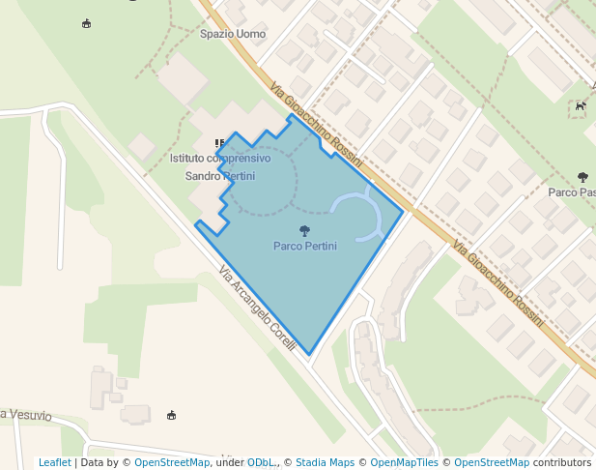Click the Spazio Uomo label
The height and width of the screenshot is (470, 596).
[x=232, y=34]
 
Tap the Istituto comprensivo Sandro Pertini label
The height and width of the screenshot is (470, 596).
[x=220, y=166]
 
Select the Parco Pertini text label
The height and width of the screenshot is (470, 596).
[x=305, y=246]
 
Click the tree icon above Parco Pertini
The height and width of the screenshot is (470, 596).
[x=305, y=231]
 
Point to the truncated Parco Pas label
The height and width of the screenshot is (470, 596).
[x=571, y=191]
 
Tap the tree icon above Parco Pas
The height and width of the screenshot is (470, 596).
[x=582, y=177]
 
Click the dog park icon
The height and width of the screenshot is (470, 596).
[x=580, y=106]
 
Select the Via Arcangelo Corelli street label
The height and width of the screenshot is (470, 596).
[x=257, y=308]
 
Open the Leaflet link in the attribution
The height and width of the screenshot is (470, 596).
[x=54, y=462]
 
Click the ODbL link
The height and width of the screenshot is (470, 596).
[x=260, y=462]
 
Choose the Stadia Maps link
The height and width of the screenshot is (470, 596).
[x=325, y=462]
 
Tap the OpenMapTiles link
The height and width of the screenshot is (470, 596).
[x=405, y=462]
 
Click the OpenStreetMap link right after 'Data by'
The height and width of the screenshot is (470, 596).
[x=172, y=462]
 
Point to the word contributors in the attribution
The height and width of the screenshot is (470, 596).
[x=562, y=462]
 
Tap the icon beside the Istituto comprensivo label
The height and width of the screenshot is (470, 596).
[x=219, y=143]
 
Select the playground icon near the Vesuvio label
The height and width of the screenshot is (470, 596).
[x=172, y=415]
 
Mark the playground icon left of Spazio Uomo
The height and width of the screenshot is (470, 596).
[x=87, y=23]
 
